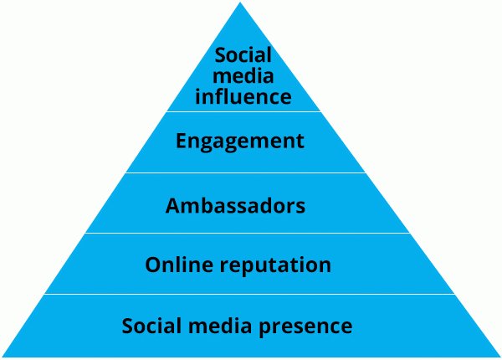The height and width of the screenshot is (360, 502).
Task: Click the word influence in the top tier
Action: point(240,96)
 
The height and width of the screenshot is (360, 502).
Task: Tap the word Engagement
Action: point(240,141)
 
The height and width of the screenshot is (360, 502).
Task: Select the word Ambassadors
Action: point(235,205)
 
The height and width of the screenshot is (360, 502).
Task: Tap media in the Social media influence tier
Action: point(240,76)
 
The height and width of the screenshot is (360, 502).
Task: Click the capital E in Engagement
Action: point(182,141)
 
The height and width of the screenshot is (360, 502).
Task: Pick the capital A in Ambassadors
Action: point(173,205)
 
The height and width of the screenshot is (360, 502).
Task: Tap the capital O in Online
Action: point(153,265)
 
